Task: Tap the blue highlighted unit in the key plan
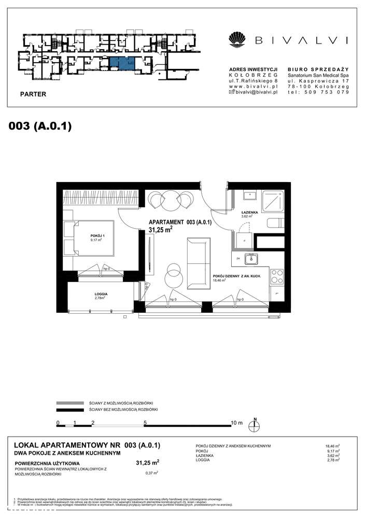click(122, 63)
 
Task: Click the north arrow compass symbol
click(255, 425)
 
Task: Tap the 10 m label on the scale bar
click(236, 423)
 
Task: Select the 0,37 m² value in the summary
click(152, 472)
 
